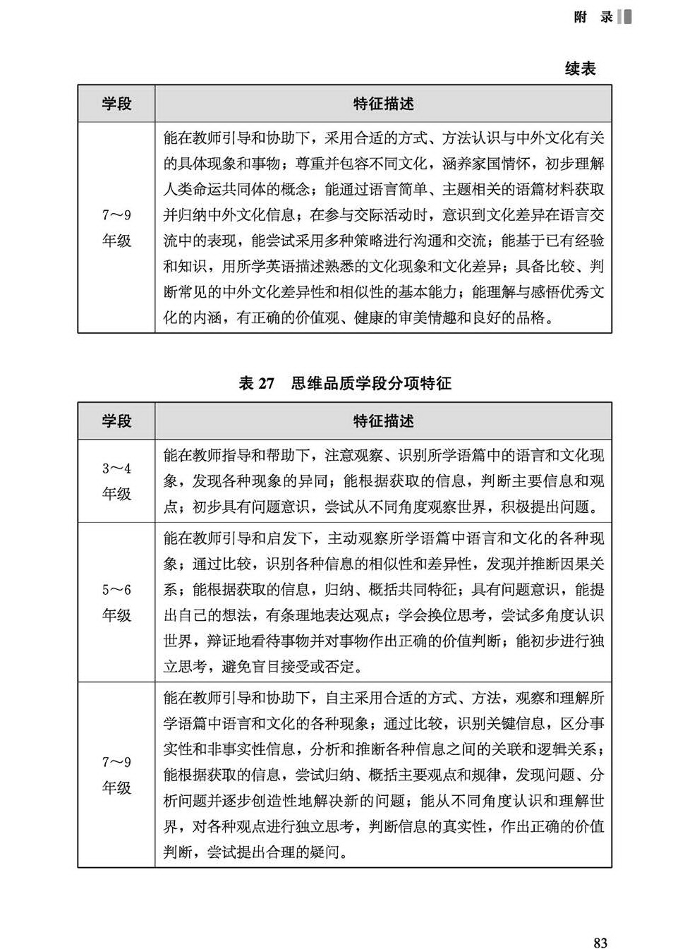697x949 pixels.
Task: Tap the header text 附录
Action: pos(593,18)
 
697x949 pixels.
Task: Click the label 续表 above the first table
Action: pos(580,68)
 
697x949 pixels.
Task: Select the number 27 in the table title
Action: pos(265,383)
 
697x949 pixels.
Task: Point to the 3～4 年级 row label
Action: pos(116,480)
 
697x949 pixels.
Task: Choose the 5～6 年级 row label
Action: pos(116,602)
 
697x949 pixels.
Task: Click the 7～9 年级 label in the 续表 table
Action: pos(116,228)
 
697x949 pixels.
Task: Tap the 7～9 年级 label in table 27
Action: pos(116,774)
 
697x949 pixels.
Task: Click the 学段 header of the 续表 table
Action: pos(116,104)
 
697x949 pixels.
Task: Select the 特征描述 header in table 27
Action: pos(383,421)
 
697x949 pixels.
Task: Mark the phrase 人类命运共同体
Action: pos(222,190)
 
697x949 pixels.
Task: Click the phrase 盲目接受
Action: pos(288,666)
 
